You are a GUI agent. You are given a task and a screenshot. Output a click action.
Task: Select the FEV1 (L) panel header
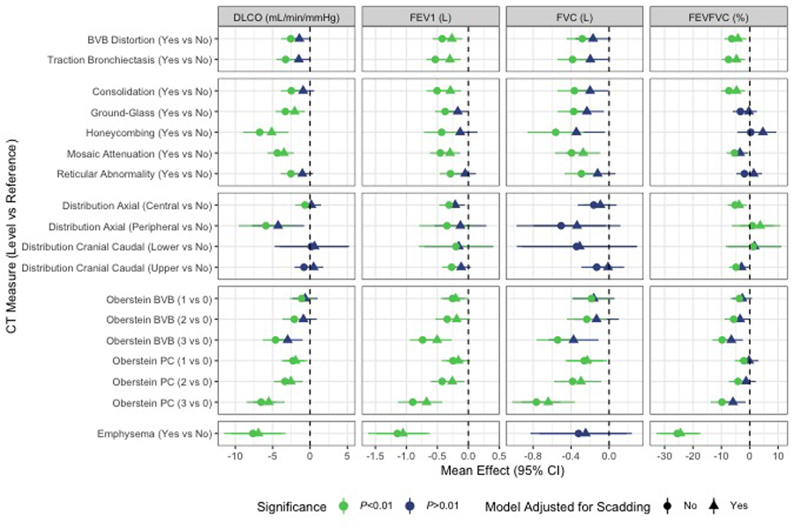click(x=431, y=18)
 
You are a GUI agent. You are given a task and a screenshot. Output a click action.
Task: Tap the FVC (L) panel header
click(x=575, y=18)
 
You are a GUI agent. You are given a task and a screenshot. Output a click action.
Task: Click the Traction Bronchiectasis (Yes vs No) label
click(x=131, y=59)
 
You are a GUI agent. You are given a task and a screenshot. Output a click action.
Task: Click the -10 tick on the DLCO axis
click(x=236, y=456)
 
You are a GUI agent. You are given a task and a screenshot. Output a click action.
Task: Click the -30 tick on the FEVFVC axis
click(x=664, y=456)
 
